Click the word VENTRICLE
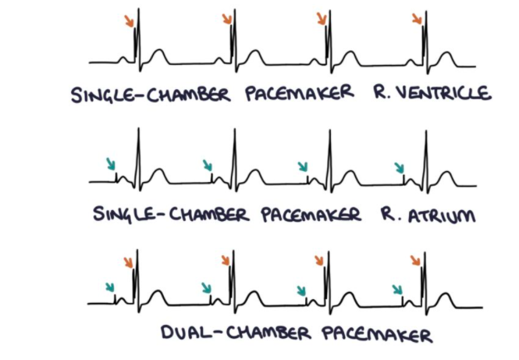444,94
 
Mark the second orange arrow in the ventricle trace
226,19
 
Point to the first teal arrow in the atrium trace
112,164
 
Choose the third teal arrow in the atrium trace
304,166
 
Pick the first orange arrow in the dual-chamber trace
129,261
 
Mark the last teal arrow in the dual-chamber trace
398,291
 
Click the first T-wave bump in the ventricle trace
158,55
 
